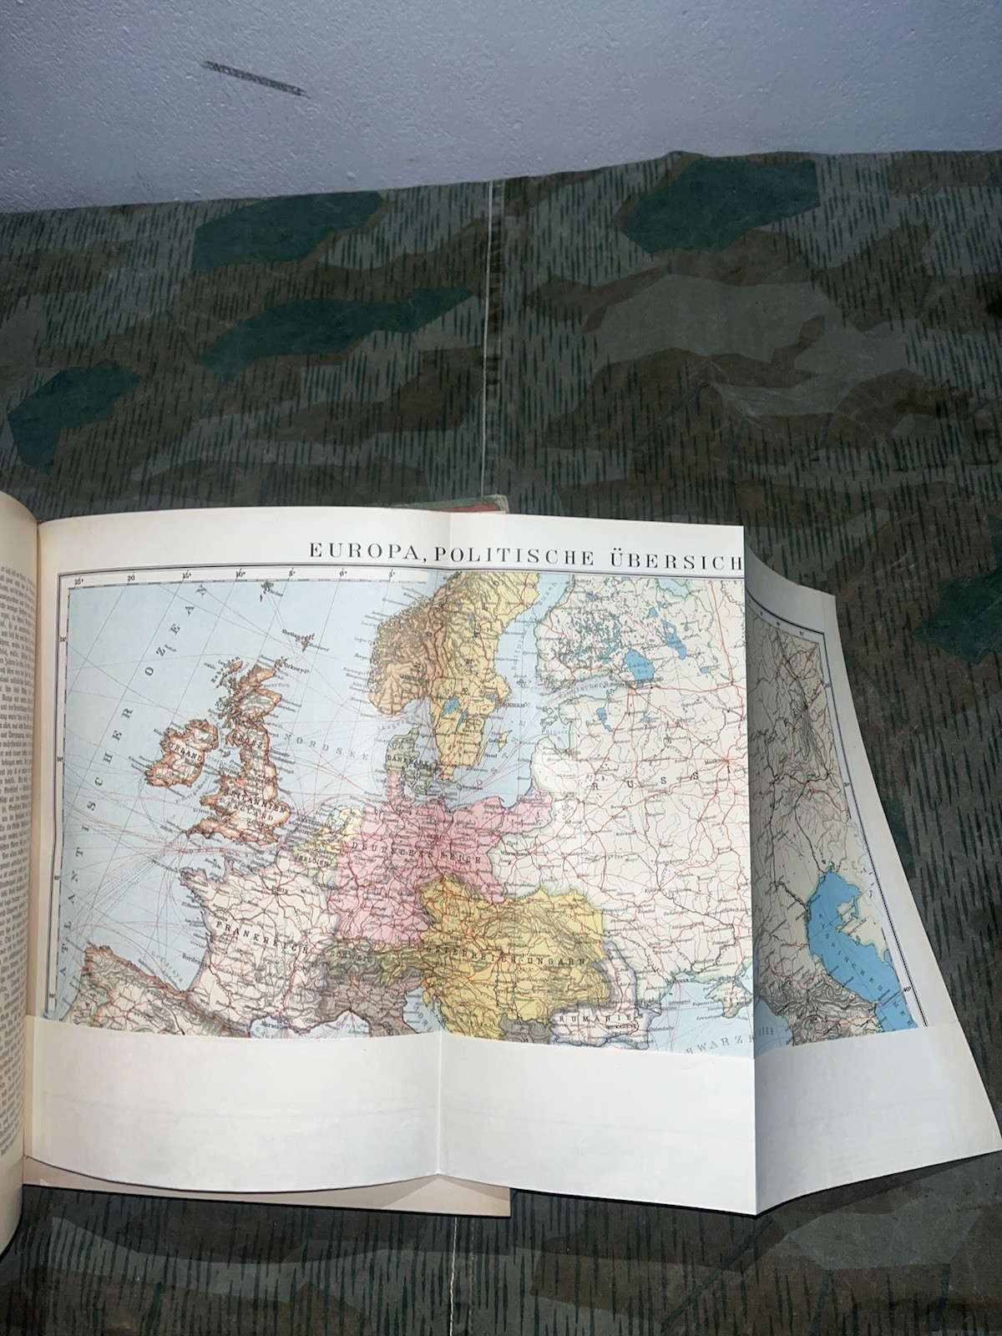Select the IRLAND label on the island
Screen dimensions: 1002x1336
(x=181, y=752)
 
